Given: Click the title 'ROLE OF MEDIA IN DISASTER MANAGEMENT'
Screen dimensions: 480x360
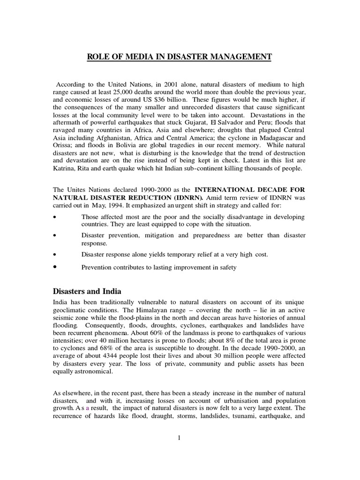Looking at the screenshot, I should [180, 57].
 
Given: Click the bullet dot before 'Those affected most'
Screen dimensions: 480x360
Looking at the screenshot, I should [55, 217].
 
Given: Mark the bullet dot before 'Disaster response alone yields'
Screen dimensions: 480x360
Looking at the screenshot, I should [55, 255].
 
